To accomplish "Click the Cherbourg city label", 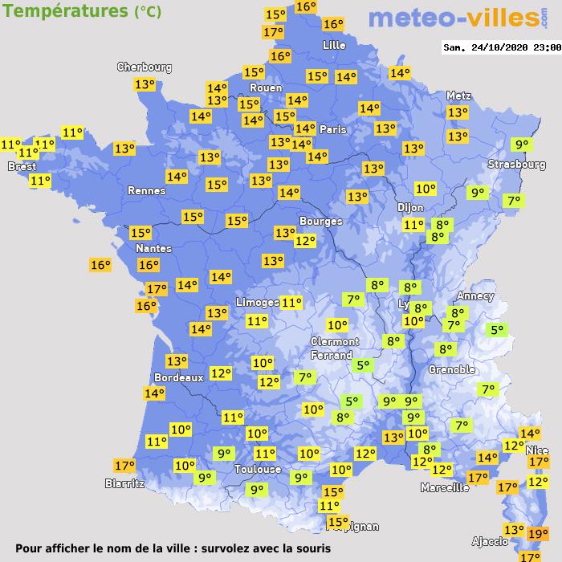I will pos(145,67).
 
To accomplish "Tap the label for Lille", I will pos(333,45).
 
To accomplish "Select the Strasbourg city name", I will pos(517,165).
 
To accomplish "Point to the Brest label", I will pos(22,167).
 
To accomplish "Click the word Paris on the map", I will pos(332,129).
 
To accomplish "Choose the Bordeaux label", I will pos(178,377).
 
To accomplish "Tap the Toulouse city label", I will pos(258,469).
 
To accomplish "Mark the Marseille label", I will pos(445,487).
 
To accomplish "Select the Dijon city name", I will pos(410,207).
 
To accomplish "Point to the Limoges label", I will pos(258,301).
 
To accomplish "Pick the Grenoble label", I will pos(452,369).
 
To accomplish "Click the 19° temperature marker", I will pos(538,533).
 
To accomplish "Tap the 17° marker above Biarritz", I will pos(124,466).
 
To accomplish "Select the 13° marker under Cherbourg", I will pos(145,84).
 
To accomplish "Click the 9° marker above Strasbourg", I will pos(523,145).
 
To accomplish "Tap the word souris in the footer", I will pos(309,548).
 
